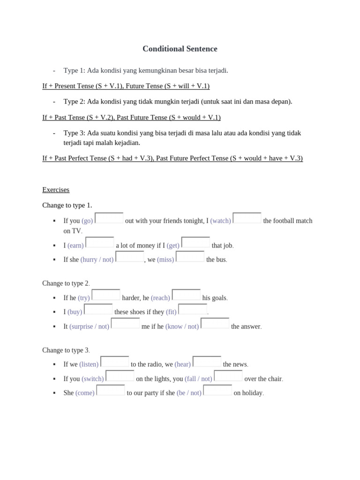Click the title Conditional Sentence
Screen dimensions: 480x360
pyautogui.click(x=180, y=49)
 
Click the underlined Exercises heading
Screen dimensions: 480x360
pyautogui.click(x=56, y=190)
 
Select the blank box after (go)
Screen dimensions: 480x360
pyautogui.click(x=109, y=218)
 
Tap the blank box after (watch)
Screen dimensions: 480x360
pyautogui.click(x=247, y=218)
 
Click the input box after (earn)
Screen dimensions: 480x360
pyautogui.click(x=100, y=243)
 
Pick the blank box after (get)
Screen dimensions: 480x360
pyautogui.click(x=195, y=243)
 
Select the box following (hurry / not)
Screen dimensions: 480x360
pyautogui.click(x=130, y=257)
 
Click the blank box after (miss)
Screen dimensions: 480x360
pyautogui.click(x=190, y=257)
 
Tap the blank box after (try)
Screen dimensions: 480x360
pyautogui.click(x=106, y=295)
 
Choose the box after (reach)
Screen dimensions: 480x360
pyautogui.click(x=186, y=295)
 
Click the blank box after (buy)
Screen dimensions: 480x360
pyautogui.click(x=98, y=309)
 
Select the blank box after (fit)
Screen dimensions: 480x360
pyautogui.click(x=193, y=309)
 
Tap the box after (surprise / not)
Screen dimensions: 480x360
pyautogui.click(x=126, y=324)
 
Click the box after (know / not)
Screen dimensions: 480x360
pyautogui.click(x=215, y=324)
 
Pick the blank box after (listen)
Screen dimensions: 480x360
pyautogui.click(x=115, y=362)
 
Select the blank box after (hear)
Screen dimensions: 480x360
pyautogui.click(x=207, y=362)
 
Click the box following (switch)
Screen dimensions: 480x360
pyautogui.click(x=120, y=376)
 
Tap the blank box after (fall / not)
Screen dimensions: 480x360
pyautogui.click(x=228, y=376)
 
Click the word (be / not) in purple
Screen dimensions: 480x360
pyautogui.click(x=189, y=393)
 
